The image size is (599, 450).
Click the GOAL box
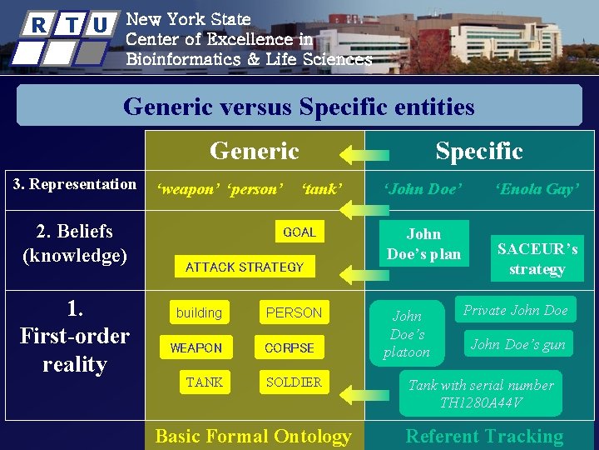tap(299, 232)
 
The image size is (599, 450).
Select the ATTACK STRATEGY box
tap(245, 267)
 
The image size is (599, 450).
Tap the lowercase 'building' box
tap(199, 312)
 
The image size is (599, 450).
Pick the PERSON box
tap(293, 312)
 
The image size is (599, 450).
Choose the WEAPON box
tap(196, 347)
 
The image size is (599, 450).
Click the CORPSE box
tap(290, 347)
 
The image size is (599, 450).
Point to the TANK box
tap(205, 382)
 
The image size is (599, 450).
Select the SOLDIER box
tap(293, 382)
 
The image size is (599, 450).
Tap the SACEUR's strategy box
tap(537, 259)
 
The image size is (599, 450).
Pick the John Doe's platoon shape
tap(407, 333)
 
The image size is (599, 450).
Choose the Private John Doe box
tap(515, 311)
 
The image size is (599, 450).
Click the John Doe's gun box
tap(517, 344)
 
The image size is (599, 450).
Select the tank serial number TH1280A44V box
tap(480, 394)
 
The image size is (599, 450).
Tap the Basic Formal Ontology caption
tap(253, 436)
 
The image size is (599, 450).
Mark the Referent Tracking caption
tap(483, 436)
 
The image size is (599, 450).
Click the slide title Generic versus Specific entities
tap(299, 107)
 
